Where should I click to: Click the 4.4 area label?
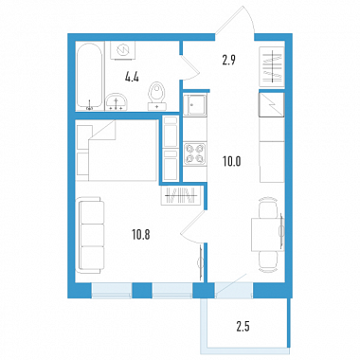(132, 77)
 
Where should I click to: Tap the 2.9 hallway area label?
(228, 60)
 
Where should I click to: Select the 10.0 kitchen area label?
(231, 162)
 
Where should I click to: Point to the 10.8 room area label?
(141, 235)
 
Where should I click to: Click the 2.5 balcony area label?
(243, 327)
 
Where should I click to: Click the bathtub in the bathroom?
(90, 76)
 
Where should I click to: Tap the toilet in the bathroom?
(157, 96)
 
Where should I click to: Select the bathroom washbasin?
(117, 101)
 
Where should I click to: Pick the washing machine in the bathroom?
(123, 50)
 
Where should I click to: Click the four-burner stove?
(194, 153)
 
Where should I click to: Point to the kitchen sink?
(194, 105)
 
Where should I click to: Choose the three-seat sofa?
(91, 235)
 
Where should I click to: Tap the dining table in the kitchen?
(267, 234)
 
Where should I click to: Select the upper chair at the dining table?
(268, 207)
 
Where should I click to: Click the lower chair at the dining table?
(268, 261)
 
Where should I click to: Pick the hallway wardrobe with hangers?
(272, 66)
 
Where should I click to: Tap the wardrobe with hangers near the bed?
(181, 196)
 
